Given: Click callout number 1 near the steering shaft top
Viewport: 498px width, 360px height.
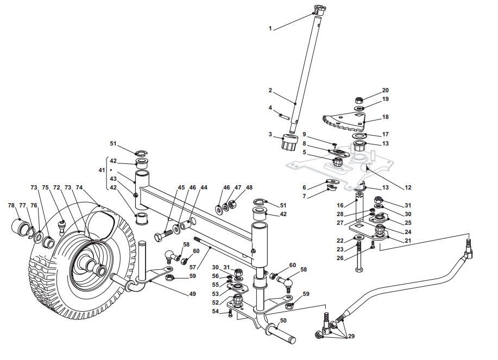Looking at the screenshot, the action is [270, 29].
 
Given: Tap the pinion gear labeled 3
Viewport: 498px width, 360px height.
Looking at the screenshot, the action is [289, 142].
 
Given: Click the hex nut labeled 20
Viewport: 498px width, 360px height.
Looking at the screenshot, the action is [358, 100].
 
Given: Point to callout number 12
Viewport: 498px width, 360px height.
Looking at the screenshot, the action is [408, 187].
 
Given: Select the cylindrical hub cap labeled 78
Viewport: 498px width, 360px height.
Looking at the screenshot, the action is [20, 226].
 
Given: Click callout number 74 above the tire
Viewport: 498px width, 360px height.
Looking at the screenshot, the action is [79, 188].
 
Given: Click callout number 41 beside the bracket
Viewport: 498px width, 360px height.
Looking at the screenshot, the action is [102, 170].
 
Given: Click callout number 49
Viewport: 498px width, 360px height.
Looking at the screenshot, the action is [192, 294].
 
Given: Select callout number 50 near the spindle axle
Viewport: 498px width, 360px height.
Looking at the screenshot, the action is [283, 321].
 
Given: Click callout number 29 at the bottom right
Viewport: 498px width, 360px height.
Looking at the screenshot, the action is [351, 336].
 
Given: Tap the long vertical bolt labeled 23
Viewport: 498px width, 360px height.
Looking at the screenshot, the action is [359, 257].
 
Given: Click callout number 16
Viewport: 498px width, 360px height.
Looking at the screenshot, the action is [340, 205].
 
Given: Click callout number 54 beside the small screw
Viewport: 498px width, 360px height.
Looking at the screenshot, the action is [216, 312].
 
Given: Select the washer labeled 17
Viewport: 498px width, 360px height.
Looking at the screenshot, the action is [360, 136].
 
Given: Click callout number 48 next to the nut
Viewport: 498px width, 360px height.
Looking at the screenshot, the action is [249, 188].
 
